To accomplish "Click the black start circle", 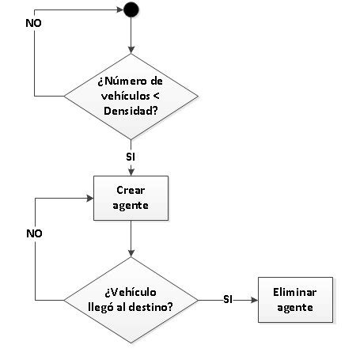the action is [x=131, y=9].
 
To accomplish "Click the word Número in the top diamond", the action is [x=123, y=81].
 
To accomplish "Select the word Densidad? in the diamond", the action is [x=131, y=111].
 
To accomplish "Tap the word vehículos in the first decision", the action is [x=126, y=96].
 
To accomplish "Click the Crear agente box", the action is [x=131, y=198].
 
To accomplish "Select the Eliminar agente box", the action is [x=295, y=300].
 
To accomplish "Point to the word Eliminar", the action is [x=295, y=292].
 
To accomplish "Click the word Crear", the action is [x=131, y=190].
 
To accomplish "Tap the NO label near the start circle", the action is [x=34, y=23].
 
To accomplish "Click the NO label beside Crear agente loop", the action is [x=34, y=233].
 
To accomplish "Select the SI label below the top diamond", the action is [x=131, y=157].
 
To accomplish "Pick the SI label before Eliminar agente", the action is [x=228, y=299].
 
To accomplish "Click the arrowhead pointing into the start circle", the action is [x=120, y=10].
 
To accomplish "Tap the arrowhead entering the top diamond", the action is [x=131, y=50].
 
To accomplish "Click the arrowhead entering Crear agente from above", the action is [x=131, y=172].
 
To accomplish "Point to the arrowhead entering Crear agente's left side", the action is [x=90, y=199].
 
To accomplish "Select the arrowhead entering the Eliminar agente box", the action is [x=255, y=300].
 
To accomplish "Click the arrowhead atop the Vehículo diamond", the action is [x=131, y=253].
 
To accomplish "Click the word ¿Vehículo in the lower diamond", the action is [x=131, y=292].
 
